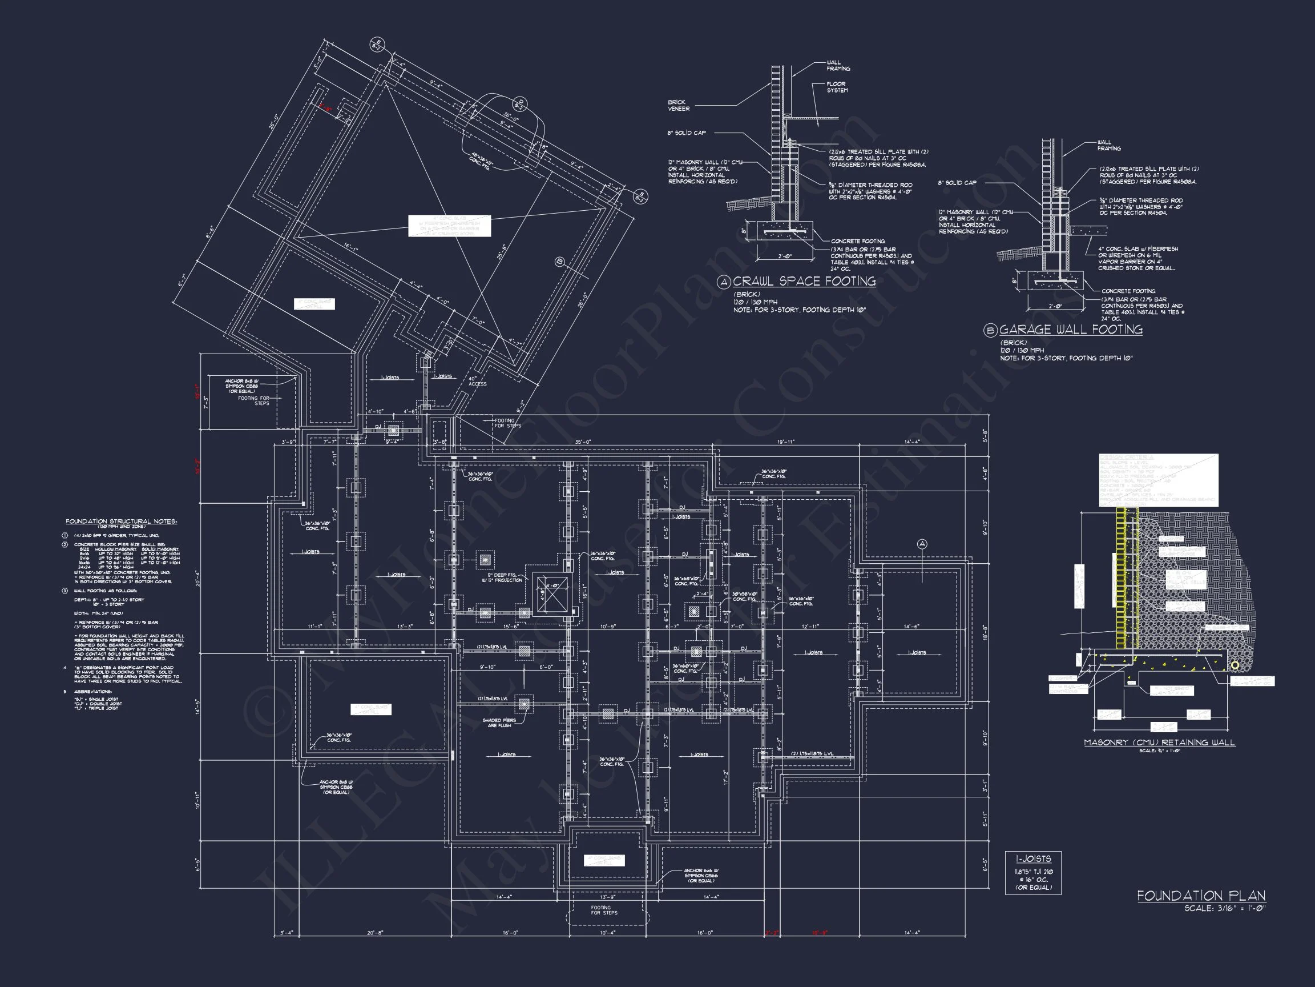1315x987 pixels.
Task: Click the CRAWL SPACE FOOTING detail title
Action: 804,282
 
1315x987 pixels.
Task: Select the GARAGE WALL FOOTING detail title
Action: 1071,330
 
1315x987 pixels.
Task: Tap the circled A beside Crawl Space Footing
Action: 724,282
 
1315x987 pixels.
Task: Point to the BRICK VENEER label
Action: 678,105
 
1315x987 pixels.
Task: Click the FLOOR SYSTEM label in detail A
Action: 837,87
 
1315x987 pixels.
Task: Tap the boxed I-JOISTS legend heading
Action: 1033,859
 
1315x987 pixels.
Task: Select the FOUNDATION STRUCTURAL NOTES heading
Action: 120,521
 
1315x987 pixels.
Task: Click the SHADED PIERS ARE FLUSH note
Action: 499,722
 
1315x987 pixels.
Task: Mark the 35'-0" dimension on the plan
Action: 583,442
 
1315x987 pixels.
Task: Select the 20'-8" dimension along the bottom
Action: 375,933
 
